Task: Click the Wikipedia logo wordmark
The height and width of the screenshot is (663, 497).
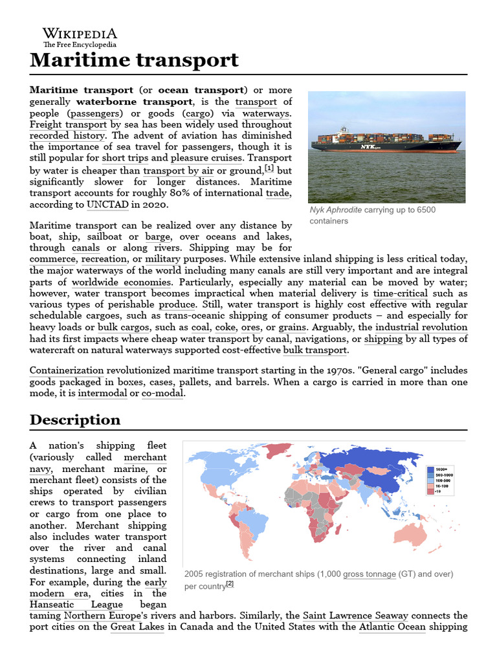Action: [x=80, y=33]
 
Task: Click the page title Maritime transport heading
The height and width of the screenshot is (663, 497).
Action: [x=134, y=61]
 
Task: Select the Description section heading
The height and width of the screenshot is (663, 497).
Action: [x=75, y=420]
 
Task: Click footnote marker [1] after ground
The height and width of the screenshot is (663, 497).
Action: [x=269, y=168]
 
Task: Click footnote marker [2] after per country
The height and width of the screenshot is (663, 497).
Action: [x=230, y=584]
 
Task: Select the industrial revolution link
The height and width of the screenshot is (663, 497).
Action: [x=421, y=328]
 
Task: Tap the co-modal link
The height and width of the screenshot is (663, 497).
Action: [x=162, y=393]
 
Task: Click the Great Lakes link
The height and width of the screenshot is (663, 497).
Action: [x=137, y=627]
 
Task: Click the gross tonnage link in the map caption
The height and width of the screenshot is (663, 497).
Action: [x=370, y=574]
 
